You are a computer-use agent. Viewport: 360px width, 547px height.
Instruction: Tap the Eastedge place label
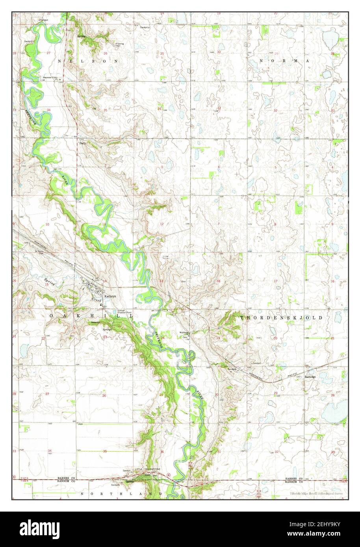(310, 376)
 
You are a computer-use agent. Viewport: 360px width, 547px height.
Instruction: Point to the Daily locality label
(83, 144)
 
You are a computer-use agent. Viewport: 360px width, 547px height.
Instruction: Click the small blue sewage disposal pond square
(115, 312)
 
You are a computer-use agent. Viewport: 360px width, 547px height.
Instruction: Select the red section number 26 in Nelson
(105, 53)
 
